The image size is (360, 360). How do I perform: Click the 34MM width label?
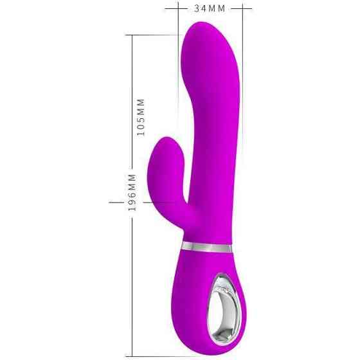click(210, 8)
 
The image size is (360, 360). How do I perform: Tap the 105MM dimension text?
click(141, 117)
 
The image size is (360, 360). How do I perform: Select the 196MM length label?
click(132, 193)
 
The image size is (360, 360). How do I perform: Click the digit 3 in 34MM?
click(197, 8)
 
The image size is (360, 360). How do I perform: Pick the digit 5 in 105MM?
click(141, 120)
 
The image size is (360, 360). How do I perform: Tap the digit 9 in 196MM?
click(132, 201)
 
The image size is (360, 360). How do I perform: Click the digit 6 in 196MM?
click(132, 194)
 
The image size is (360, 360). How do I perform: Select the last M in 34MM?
click(222, 8)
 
